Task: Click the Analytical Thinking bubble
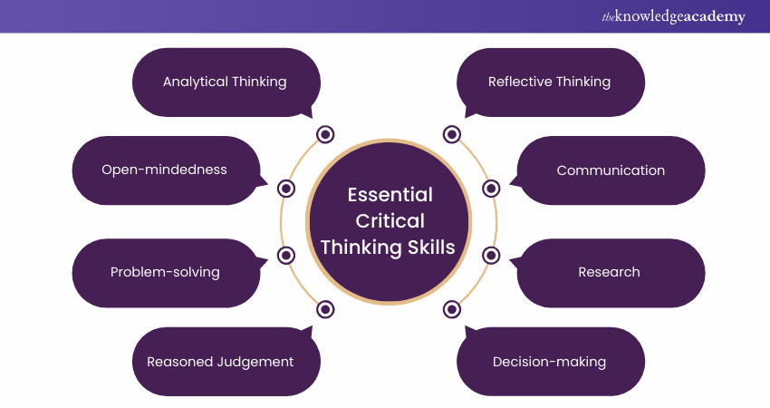(x=225, y=82)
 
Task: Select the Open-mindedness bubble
(x=164, y=170)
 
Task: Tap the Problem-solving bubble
(x=165, y=272)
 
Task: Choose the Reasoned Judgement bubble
(x=220, y=361)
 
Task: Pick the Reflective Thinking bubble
(x=549, y=82)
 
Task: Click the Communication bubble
(x=611, y=170)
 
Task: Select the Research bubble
(x=609, y=272)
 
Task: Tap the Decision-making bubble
(x=549, y=361)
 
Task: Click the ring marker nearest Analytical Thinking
(x=325, y=135)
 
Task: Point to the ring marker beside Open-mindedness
(x=286, y=189)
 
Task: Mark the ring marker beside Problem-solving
(x=286, y=255)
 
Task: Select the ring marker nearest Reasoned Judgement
(x=325, y=309)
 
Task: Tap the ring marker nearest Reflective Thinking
(x=452, y=135)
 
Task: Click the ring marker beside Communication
(x=491, y=189)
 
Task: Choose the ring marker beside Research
(x=491, y=255)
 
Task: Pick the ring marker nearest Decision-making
(x=452, y=309)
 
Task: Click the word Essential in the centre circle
(x=390, y=195)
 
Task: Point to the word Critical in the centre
(x=390, y=221)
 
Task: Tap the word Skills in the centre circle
(x=431, y=248)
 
